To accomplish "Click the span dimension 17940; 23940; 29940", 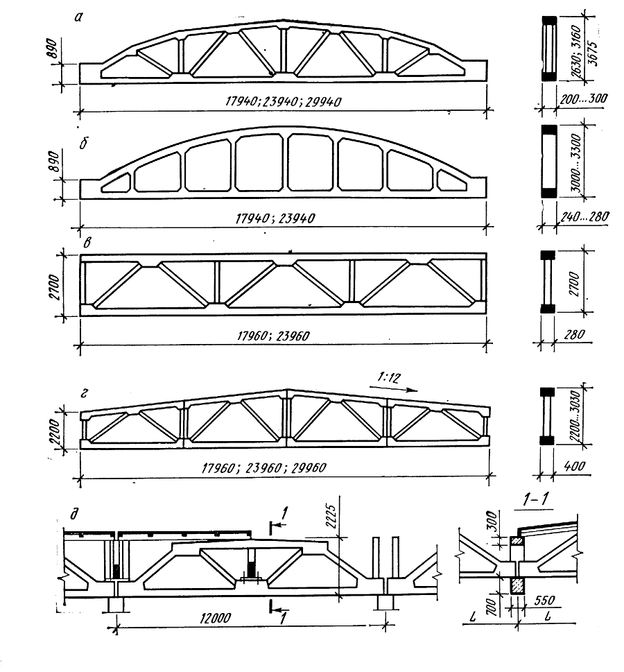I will tap(284, 102).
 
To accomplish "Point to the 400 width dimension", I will tap(573, 466).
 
